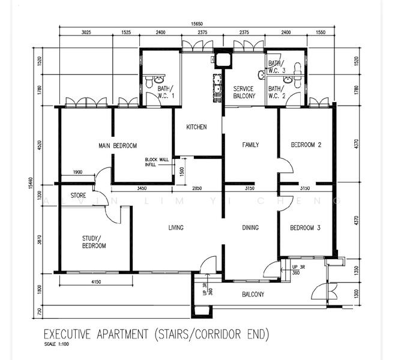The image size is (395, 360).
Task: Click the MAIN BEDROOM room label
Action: point(118,145)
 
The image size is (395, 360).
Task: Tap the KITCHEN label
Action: point(196,127)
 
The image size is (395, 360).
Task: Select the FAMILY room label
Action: point(250,145)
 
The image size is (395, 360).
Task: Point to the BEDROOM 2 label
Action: point(306,145)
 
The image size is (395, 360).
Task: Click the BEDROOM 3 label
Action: point(306,227)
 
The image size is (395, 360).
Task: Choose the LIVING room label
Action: point(175,227)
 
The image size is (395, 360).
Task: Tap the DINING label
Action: point(250,227)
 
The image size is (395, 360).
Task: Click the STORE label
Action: point(78,196)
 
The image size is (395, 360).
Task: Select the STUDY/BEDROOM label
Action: point(94,242)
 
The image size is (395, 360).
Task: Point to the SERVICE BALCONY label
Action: point(244,92)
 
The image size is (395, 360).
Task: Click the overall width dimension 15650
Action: point(193,24)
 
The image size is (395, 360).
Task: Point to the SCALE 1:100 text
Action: point(56,344)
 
